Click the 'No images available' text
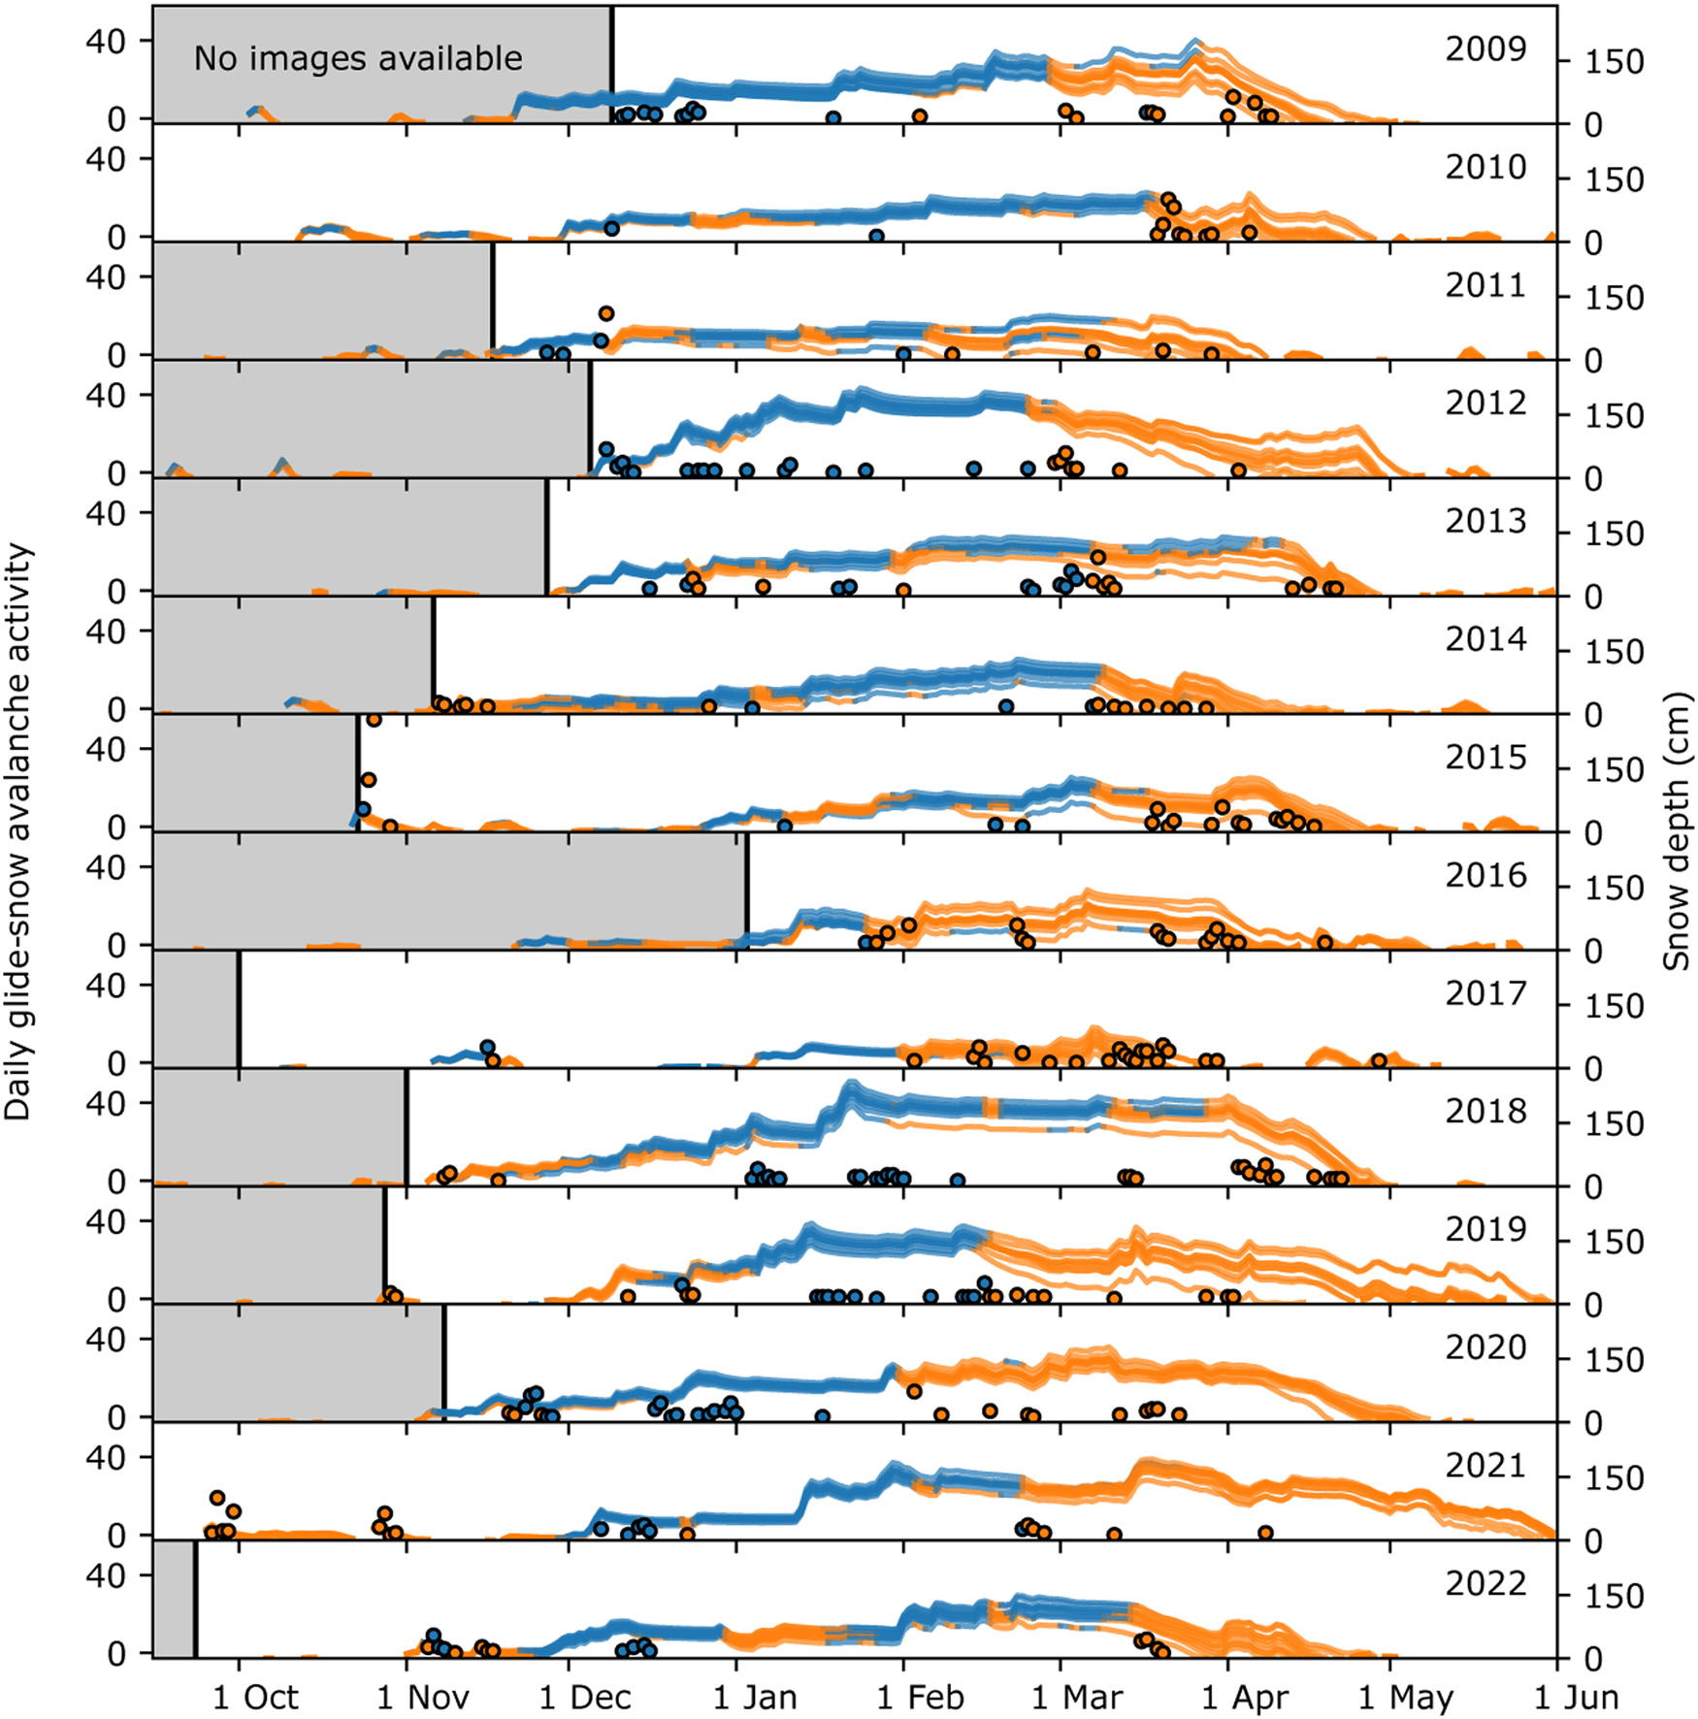[358, 59]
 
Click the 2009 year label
[1486, 49]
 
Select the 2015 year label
[1486, 757]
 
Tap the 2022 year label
[1486, 1583]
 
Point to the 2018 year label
[1486, 1111]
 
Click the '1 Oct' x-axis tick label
[255, 1698]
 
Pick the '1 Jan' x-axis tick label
[755, 1698]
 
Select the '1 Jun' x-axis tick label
[1576, 1698]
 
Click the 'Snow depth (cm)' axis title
[1676, 830]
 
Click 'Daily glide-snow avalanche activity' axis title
[18, 830]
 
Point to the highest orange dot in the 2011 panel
[606, 313]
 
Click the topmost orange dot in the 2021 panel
[217, 1498]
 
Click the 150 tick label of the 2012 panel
[1614, 416]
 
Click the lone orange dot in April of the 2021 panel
[1265, 1533]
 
